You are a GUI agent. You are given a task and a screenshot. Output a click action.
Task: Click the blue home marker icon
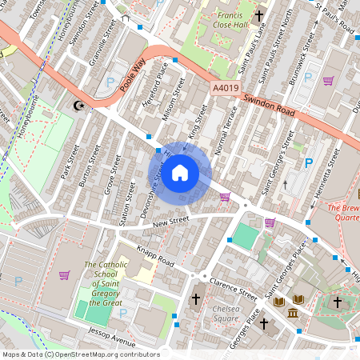pyautogui.click(x=180, y=173)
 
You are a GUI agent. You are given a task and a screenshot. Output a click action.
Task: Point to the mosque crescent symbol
pyautogui.click(x=78, y=105)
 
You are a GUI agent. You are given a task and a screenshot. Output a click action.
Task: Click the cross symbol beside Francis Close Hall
pyautogui.click(x=259, y=16)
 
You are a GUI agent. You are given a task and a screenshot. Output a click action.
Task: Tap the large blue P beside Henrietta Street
pyautogui.click(x=308, y=163)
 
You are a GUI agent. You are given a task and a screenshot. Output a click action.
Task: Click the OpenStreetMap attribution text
pyautogui.click(x=80, y=354)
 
